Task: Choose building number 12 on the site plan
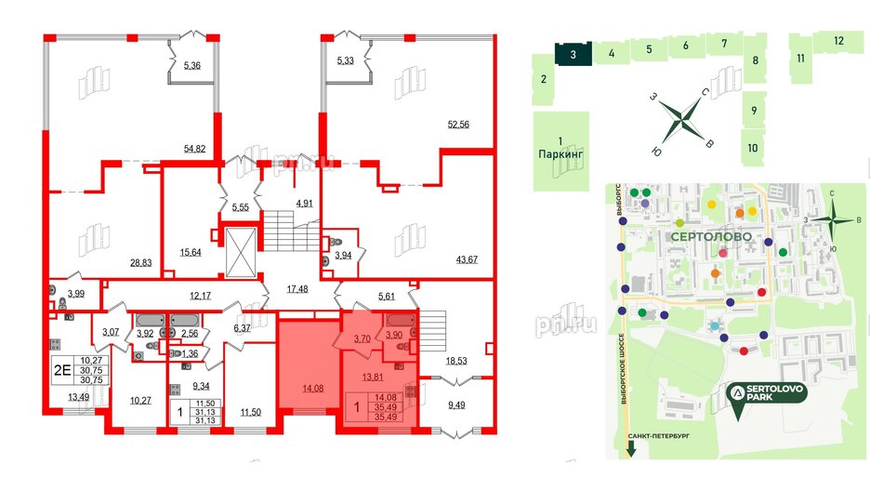coord(837,40)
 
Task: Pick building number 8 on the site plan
coord(756,61)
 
